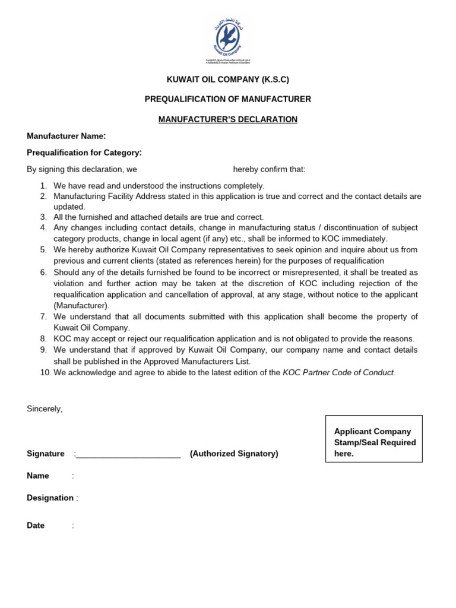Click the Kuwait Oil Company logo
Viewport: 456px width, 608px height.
tap(228, 40)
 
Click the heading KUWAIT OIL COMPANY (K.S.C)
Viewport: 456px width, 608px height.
tap(227, 80)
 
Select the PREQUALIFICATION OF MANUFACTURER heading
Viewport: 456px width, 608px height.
tap(227, 99)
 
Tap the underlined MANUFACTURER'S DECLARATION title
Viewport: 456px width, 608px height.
tap(227, 119)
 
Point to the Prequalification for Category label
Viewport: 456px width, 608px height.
tap(84, 153)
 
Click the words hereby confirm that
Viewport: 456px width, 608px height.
tap(269, 169)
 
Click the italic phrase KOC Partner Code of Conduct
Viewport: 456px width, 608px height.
tap(338, 373)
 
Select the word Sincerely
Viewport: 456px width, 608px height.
tap(45, 408)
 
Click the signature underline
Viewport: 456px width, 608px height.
tap(128, 454)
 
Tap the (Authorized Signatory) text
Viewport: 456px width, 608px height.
tap(234, 454)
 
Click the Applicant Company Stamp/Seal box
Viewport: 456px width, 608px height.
tap(374, 439)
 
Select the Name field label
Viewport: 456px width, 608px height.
tap(38, 476)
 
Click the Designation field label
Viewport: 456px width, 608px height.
tap(50, 498)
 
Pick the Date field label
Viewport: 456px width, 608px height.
tap(36, 525)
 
